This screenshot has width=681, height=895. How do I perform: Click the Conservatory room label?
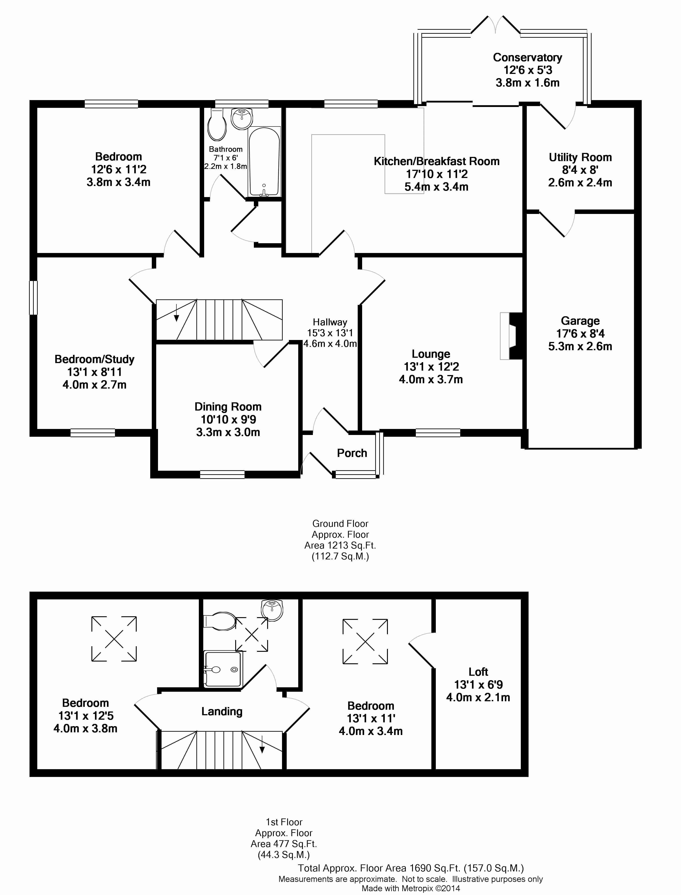(527, 57)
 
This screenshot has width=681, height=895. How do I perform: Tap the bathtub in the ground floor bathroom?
(264, 161)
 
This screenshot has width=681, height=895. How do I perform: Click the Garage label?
(580, 321)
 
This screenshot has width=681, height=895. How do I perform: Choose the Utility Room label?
(580, 157)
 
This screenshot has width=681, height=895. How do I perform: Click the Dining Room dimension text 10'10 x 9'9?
(228, 419)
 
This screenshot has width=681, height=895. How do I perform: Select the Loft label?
(478, 672)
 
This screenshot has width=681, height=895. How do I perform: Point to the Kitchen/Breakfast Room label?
(436, 161)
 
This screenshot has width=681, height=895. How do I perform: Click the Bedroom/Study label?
(95, 359)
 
